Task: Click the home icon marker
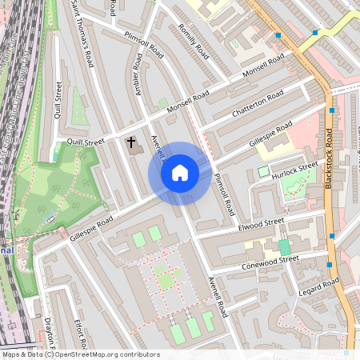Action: coord(180,173)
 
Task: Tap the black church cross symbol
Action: coord(131,142)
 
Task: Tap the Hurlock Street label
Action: coord(294,171)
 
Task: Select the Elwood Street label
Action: coord(261,223)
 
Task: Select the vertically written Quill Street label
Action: coord(58,100)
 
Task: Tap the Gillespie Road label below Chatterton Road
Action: coord(270,131)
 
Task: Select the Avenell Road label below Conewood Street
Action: coord(218,297)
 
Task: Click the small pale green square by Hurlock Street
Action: coord(263,171)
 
